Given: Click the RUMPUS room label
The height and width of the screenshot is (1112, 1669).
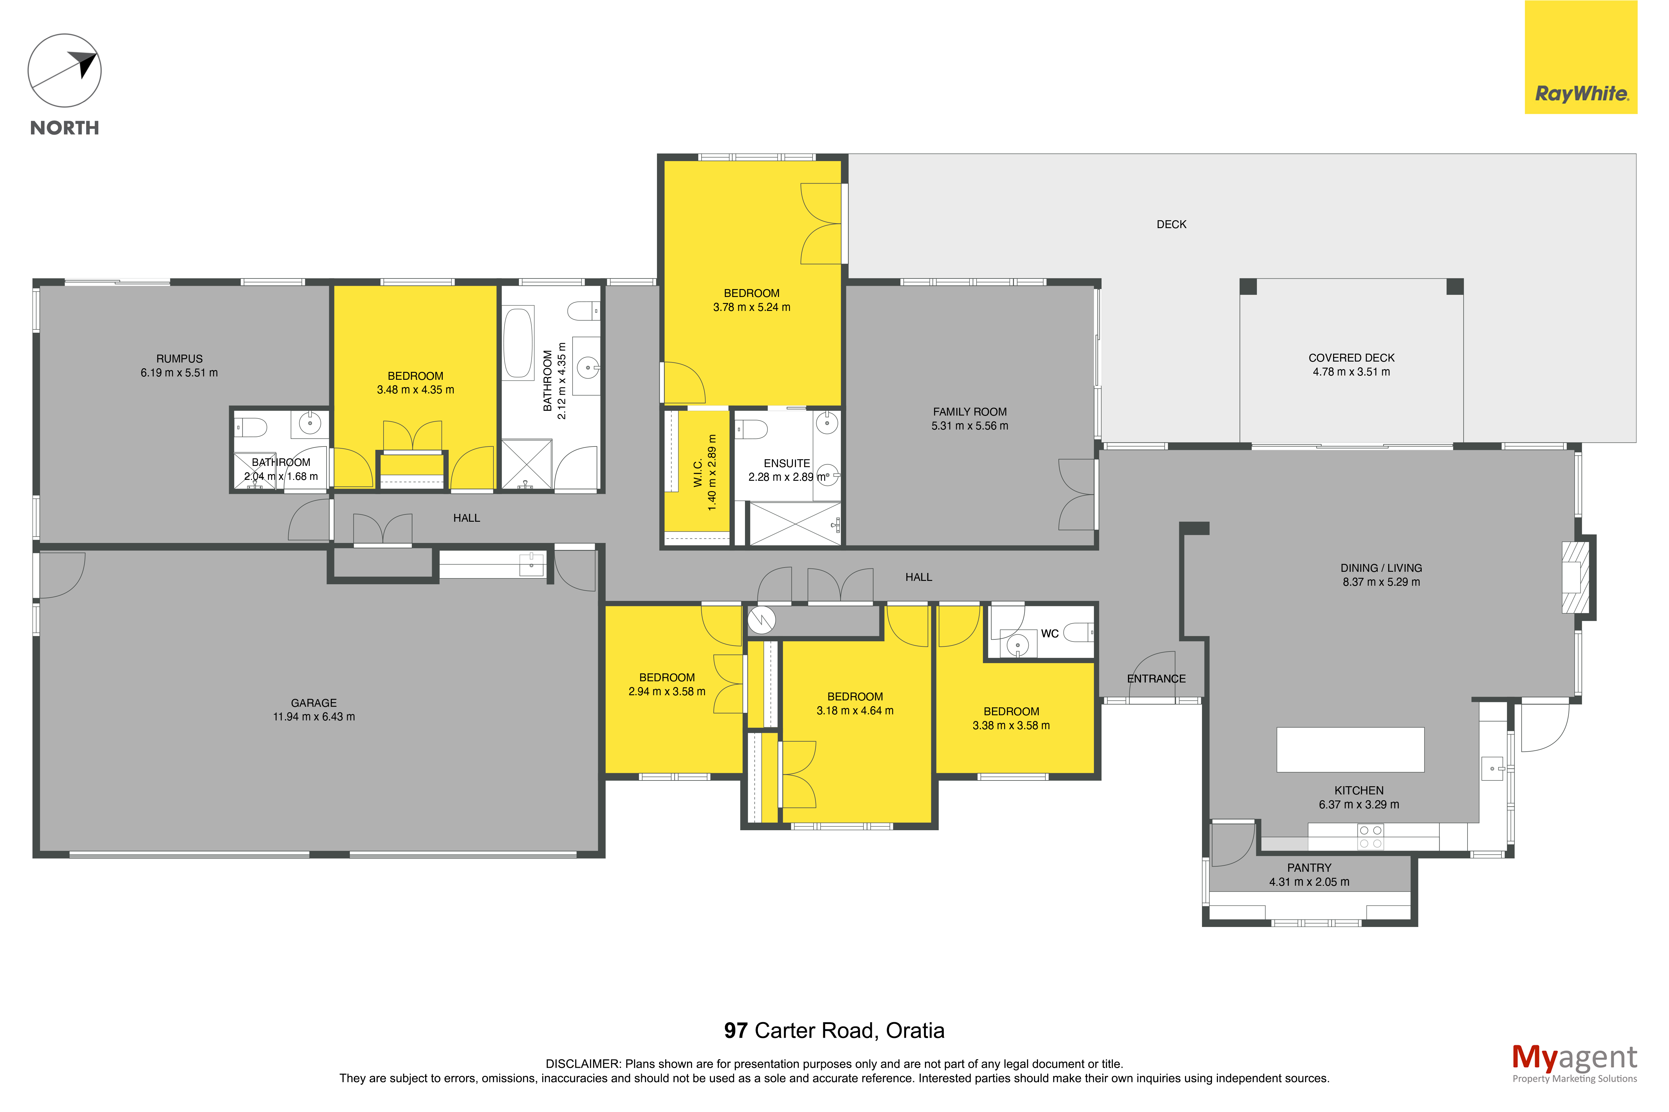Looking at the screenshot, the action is (179, 359).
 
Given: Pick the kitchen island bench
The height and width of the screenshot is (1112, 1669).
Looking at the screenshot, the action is (1350, 750).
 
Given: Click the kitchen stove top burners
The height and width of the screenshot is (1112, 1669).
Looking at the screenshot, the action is (1370, 837).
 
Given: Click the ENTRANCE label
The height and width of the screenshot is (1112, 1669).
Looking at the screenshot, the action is (1156, 679).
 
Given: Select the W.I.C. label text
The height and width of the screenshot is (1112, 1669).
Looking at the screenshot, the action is (698, 472).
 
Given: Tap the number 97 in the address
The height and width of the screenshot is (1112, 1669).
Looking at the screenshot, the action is (736, 1030).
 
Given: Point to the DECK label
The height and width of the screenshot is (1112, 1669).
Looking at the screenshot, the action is (1171, 224).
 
